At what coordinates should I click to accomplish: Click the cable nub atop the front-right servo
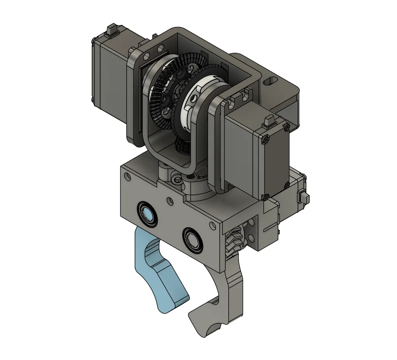(x=269, y=119)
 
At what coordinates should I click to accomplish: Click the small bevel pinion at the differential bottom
(x=183, y=146)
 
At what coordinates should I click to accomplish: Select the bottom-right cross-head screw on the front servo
(x=286, y=185)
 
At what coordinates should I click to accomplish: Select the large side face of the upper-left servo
(x=109, y=76)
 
